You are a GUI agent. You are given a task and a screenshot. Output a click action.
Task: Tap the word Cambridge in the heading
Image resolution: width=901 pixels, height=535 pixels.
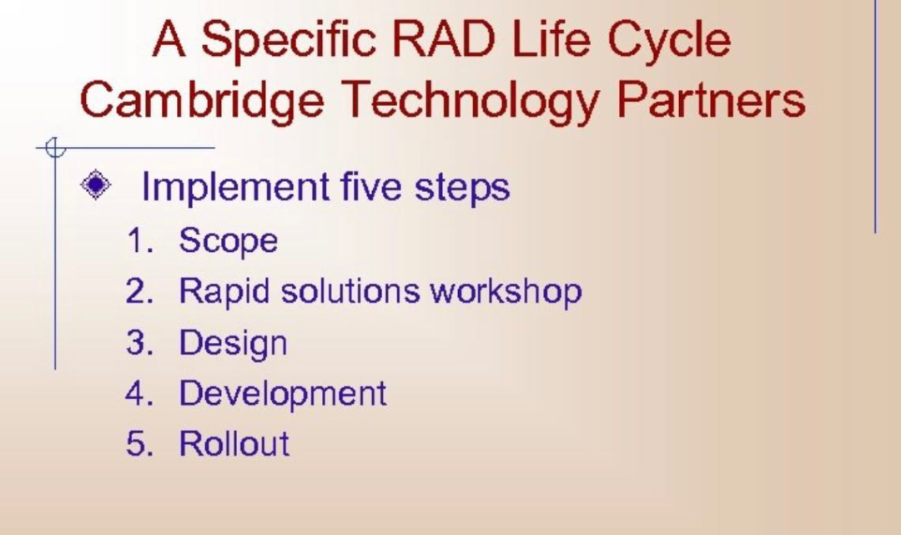pos(201,99)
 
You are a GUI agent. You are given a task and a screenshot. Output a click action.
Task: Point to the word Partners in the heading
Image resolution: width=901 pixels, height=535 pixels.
pos(712,99)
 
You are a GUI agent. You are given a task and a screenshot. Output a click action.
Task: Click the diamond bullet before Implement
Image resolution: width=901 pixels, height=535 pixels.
pos(95,184)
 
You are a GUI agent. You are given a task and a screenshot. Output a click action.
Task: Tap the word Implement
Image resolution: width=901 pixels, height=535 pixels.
pos(235,187)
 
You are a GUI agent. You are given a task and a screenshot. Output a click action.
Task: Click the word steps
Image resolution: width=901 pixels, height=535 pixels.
pos(462,188)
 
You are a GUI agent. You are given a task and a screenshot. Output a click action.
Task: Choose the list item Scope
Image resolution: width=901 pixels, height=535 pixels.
pos(228,240)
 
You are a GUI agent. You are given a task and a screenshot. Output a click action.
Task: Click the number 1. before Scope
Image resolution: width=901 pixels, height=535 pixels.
pos(139,240)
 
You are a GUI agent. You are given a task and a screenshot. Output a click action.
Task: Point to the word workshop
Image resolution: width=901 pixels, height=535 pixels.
pos(506,291)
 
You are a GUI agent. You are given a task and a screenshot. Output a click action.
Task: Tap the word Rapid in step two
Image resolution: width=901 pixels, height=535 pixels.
pos(224,291)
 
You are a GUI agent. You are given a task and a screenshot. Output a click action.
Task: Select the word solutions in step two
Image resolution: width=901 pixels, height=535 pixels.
pos(350,290)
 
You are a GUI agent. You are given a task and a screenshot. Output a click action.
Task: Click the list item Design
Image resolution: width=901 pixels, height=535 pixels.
pos(233,344)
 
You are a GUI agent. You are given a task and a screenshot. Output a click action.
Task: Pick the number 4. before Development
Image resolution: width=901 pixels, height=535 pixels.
pos(139,393)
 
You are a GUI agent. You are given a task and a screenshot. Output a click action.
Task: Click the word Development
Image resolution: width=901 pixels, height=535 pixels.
pos(283,394)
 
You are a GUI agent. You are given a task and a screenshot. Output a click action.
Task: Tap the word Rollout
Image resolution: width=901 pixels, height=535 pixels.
pos(234,444)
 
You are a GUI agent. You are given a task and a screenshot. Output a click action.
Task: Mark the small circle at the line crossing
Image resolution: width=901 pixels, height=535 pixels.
pos(55,148)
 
